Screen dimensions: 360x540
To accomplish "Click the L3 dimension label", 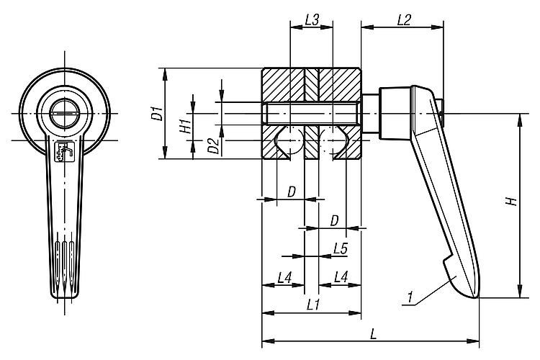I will pyautogui.click(x=311, y=20).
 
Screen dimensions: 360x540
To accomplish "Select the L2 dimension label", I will pyautogui.click(x=403, y=20).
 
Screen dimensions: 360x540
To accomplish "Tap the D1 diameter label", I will pyautogui.click(x=155, y=113).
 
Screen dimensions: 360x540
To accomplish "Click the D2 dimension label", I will pyautogui.click(x=212, y=145).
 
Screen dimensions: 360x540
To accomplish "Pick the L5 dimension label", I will pyautogui.click(x=341, y=248).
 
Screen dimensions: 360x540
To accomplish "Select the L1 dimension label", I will pyautogui.click(x=312, y=305).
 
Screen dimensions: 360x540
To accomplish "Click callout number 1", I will pyautogui.click(x=408, y=296).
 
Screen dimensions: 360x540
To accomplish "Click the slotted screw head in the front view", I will pyautogui.click(x=63, y=114).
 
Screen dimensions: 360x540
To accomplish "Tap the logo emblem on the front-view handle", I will pyautogui.click(x=63, y=153).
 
